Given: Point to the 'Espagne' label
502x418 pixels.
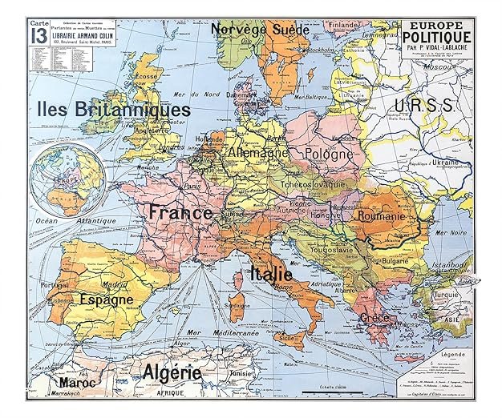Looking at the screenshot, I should [x=106, y=299].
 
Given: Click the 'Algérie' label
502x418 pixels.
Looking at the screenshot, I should [x=172, y=372].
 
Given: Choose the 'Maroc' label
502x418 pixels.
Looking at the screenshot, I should [x=78, y=383].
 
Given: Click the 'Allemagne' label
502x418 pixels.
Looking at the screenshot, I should [x=258, y=151].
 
